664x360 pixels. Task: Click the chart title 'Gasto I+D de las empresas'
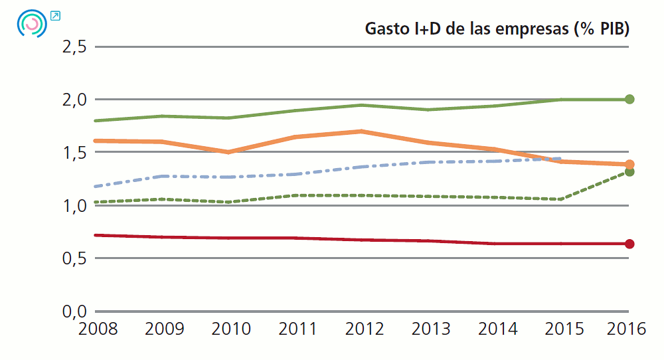(497, 29)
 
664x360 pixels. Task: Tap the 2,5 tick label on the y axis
(74, 46)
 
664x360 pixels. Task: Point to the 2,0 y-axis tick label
(74, 100)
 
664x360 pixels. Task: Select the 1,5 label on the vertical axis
(74, 152)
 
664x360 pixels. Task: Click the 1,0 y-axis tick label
(74, 205)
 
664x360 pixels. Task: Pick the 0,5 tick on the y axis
(74, 258)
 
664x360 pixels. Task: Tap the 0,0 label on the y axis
(74, 311)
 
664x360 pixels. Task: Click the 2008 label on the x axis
(97, 329)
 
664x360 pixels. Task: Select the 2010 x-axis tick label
(230, 329)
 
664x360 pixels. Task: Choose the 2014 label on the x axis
(497, 329)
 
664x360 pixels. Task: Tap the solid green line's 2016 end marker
(629, 99)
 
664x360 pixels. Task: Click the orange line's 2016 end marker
(629, 164)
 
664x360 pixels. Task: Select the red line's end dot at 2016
(629, 244)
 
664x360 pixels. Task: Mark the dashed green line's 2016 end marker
(629, 172)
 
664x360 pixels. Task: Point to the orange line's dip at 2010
(229, 152)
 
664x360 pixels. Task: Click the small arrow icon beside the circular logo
(54, 15)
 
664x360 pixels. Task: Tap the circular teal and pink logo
(32, 23)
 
